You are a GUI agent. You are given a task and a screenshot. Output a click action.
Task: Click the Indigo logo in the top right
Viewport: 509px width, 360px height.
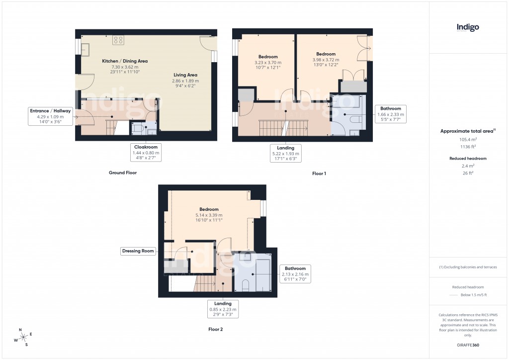pos(468,28)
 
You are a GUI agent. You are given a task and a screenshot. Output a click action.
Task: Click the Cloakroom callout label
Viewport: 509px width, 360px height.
pos(146,150)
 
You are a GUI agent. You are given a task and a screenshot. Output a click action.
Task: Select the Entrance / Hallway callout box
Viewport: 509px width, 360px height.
pos(50,116)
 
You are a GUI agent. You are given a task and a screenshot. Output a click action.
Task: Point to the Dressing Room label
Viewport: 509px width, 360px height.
pos(138,251)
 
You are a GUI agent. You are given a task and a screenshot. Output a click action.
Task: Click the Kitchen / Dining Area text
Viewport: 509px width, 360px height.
pos(125,61)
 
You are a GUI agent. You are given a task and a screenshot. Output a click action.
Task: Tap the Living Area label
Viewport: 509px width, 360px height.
pos(185,75)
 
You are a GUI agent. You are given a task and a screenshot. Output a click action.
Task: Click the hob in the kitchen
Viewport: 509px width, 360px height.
pos(118,40)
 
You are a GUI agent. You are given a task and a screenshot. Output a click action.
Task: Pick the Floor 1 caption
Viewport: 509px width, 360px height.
pos(319,174)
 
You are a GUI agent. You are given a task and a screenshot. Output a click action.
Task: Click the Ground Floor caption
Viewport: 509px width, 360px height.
pos(122,173)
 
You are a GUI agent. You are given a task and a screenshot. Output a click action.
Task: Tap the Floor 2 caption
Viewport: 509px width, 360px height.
pos(216,329)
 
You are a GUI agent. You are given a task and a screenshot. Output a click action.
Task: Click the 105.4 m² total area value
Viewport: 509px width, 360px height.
pos(467,140)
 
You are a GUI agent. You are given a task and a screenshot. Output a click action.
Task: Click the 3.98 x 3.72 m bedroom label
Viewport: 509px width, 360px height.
pos(326,54)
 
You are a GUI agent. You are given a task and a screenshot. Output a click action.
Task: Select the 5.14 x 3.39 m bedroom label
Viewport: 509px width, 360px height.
pos(209,209)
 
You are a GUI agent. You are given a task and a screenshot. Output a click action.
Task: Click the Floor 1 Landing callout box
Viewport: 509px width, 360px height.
pos(286,153)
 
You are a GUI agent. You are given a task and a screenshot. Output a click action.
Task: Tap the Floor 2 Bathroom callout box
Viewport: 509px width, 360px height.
pos(295,273)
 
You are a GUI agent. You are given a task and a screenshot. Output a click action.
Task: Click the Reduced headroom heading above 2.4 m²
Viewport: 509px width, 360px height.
pos(467,158)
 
